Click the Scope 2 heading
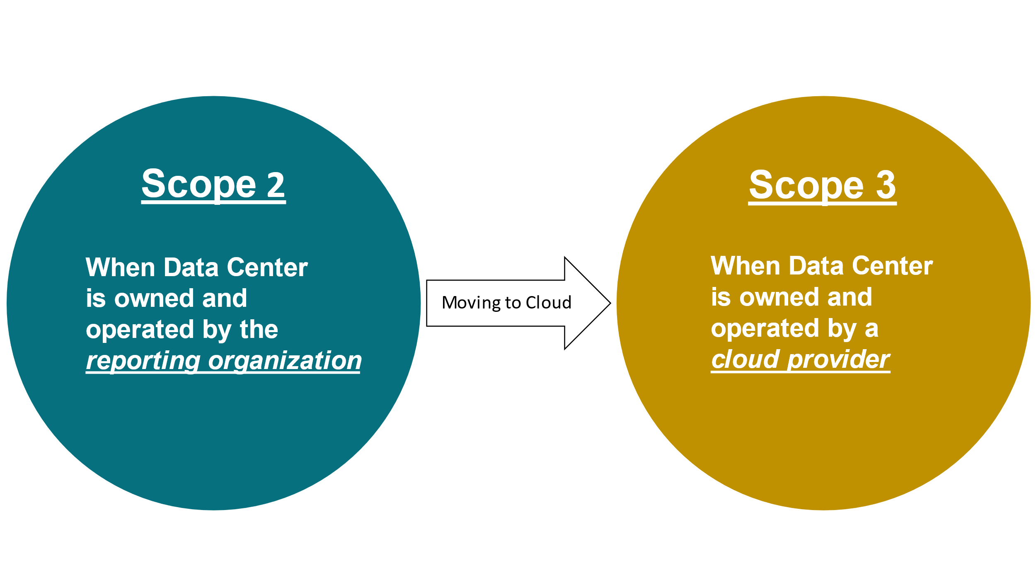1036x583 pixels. click(213, 185)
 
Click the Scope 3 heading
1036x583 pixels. click(822, 185)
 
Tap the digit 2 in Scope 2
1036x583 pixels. click(276, 185)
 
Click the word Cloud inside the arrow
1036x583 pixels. click(548, 303)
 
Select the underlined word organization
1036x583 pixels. click(285, 360)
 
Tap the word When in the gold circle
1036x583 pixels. click(745, 266)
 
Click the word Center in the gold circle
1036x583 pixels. click(892, 266)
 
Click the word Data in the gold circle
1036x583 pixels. click(816, 266)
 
